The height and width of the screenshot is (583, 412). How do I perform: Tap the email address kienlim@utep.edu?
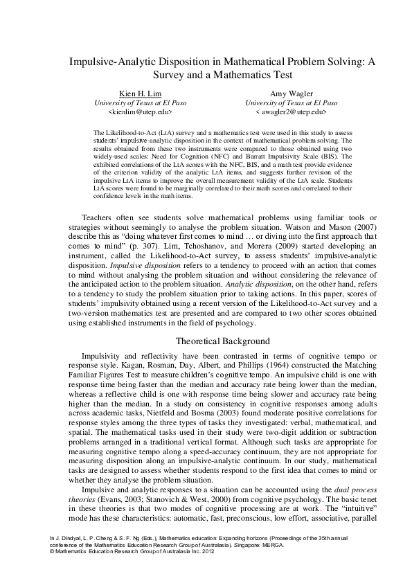point(141,111)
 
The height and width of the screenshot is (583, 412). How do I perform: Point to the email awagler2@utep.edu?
point(292,111)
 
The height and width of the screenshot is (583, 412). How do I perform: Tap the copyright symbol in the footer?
point(51,550)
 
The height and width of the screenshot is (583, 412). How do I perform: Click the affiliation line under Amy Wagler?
point(292,102)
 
